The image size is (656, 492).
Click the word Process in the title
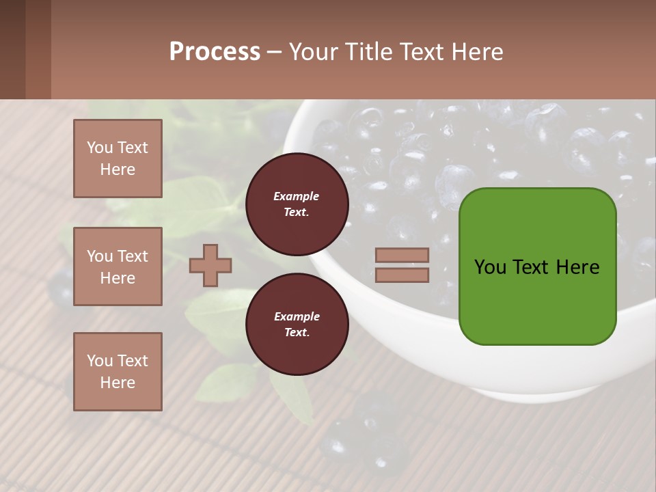coord(215,52)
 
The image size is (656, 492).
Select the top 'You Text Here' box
coord(118,159)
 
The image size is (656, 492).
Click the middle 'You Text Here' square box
coord(118,266)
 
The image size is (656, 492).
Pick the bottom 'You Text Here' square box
coord(118,372)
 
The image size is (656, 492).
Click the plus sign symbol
coord(210,265)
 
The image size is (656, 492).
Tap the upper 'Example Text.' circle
coord(297,204)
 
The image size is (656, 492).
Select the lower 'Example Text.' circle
coord(297,325)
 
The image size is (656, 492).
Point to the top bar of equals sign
coord(402,255)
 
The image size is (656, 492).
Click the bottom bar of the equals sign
coord(402,275)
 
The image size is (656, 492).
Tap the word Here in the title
coord(477,52)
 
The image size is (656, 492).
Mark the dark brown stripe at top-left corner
coord(12,49)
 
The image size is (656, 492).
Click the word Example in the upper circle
coord(296,197)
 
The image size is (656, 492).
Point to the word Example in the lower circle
coord(297,317)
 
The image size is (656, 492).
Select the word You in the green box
coord(490,267)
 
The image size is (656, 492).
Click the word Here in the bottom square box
coord(118,383)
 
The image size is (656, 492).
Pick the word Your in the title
coord(315,52)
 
